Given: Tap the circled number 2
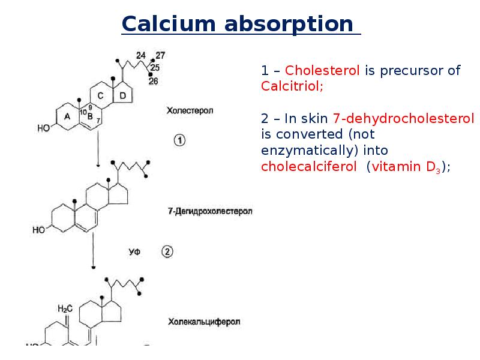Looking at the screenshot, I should coord(167,251).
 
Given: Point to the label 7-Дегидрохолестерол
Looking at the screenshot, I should coord(210,211).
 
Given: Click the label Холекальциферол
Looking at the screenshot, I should coord(204,322).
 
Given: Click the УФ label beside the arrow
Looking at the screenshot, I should coord(134,252).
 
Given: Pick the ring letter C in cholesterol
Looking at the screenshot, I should coord(100,95).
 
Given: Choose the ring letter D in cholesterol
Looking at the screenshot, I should coord(122,95).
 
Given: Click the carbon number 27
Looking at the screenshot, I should coord(160,55).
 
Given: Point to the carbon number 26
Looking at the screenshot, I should coord(154,81).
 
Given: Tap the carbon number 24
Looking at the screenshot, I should coord(141,55).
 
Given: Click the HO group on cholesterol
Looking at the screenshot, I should coord(43,128).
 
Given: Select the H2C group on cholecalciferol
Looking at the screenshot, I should coord(65,308).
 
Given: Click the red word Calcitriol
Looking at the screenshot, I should coord(292,86).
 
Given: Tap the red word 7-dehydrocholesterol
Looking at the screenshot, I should coord(403,118).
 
